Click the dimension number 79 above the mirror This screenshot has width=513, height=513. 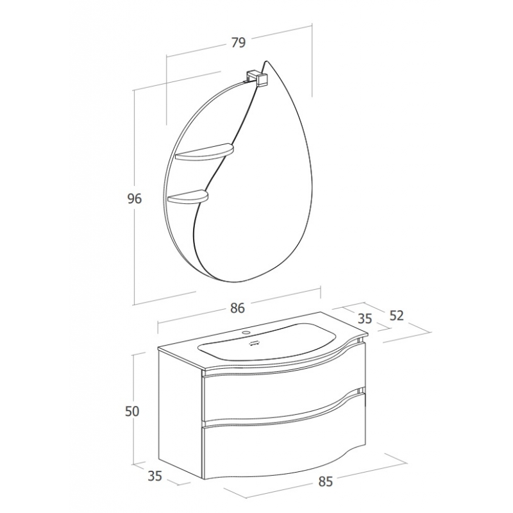click(x=238, y=42)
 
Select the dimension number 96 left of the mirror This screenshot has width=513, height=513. click(x=135, y=199)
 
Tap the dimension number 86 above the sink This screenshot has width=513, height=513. click(x=237, y=308)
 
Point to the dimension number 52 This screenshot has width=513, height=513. click(x=396, y=315)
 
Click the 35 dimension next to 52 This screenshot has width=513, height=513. click(x=365, y=318)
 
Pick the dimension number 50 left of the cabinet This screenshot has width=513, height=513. click(x=132, y=411)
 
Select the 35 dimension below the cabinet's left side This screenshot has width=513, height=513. click(x=155, y=476)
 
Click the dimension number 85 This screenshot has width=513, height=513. click(x=325, y=482)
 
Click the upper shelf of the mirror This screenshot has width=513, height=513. click(x=205, y=152)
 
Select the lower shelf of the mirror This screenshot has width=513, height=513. click(x=187, y=197)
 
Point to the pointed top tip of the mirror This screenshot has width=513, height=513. click(x=267, y=61)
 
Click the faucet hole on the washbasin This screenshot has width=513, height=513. click(x=246, y=333)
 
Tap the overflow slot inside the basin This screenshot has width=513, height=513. click(x=254, y=344)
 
